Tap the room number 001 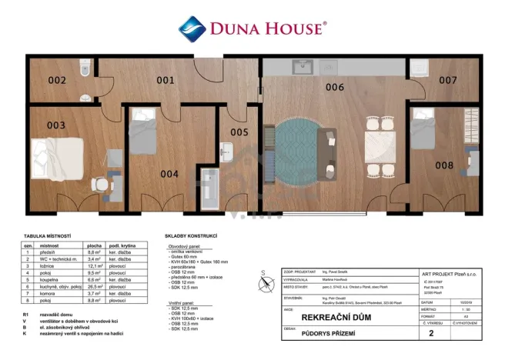[166, 79]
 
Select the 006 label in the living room [334, 87]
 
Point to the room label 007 [447, 80]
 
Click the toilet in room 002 [84, 71]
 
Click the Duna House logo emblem [192, 29]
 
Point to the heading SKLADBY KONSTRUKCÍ [191, 235]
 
